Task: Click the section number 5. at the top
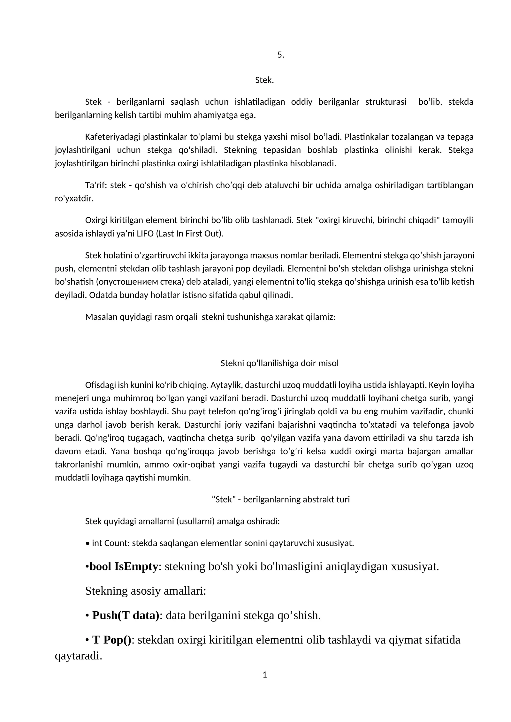pyautogui.click(x=280, y=55)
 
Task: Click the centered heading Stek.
pyautogui.click(x=264, y=80)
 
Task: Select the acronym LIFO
pyautogui.click(x=145, y=234)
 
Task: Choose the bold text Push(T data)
pyautogui.click(x=126, y=615)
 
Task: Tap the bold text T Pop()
pyautogui.click(x=112, y=640)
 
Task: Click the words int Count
pyautogui.click(x=111, y=543)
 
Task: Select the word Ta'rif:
pyautogui.click(x=96, y=185)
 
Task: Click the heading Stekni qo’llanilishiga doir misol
pyautogui.click(x=279, y=363)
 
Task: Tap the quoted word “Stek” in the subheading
pyautogui.click(x=223, y=499)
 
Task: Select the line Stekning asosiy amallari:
pyautogui.click(x=146, y=590)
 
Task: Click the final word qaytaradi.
pyautogui.click(x=78, y=656)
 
